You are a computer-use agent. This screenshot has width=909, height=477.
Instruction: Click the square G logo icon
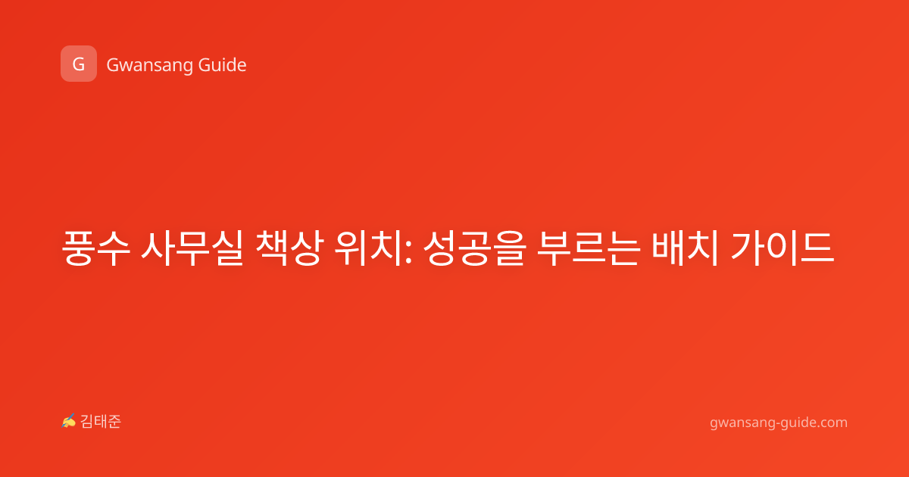[79, 64]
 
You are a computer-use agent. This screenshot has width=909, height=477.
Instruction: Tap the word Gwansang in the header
[149, 66]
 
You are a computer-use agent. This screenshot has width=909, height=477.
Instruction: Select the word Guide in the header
[222, 65]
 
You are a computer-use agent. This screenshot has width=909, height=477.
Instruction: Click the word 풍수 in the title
[96, 248]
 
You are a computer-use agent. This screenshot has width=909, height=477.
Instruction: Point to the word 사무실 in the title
[192, 248]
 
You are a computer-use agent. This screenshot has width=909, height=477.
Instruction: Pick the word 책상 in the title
[289, 248]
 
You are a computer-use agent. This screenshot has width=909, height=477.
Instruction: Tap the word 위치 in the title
[369, 248]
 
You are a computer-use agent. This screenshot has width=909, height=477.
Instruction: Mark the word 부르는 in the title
[589, 248]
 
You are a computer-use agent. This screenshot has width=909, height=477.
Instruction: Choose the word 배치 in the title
[686, 248]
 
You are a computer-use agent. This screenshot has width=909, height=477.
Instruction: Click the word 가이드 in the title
[782, 248]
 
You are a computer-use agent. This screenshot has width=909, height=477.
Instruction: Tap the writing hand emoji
[69, 421]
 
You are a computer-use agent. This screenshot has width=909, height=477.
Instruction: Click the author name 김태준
[101, 422]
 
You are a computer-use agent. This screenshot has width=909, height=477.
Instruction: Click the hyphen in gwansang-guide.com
[777, 423]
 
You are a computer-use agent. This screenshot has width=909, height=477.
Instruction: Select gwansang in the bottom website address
[742, 423]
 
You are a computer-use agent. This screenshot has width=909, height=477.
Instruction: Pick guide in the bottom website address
[798, 422]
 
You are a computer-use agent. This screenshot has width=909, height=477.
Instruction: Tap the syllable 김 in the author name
[87, 422]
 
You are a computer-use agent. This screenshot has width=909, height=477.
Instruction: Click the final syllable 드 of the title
[817, 248]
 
